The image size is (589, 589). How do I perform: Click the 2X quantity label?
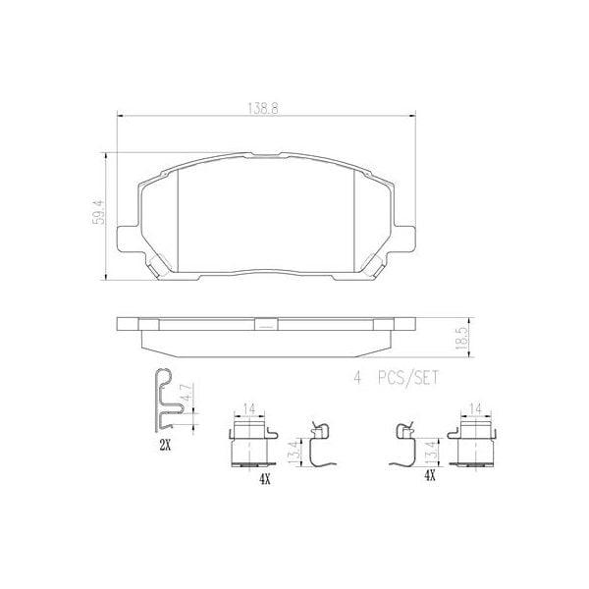click(x=164, y=445)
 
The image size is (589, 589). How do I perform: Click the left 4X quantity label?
click(x=264, y=479)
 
